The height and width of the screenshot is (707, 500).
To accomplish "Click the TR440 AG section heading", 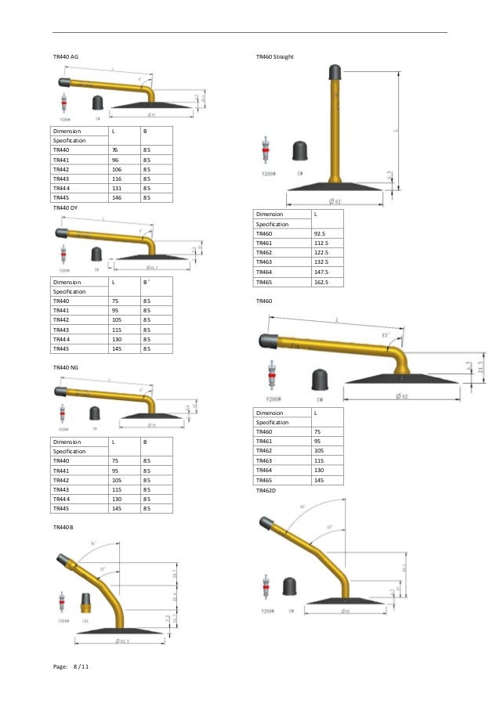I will coord(65,57).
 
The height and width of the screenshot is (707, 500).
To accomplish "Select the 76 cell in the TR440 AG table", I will coord(115,149).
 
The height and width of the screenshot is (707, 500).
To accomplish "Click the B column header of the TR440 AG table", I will coord(145,131).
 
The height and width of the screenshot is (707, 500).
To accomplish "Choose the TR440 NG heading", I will coord(65,366).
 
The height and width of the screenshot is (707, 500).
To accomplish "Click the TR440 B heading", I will coord(63,528).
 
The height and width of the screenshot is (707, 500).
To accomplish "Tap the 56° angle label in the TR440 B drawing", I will coord(93,543).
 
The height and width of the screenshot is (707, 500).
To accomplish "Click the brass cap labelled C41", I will coord(87,604).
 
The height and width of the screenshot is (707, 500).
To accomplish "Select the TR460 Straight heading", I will coord(275,57).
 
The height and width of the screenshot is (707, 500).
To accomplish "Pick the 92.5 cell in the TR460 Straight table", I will coord(320,233).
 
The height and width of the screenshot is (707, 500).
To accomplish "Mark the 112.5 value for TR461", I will coord(321,243).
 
